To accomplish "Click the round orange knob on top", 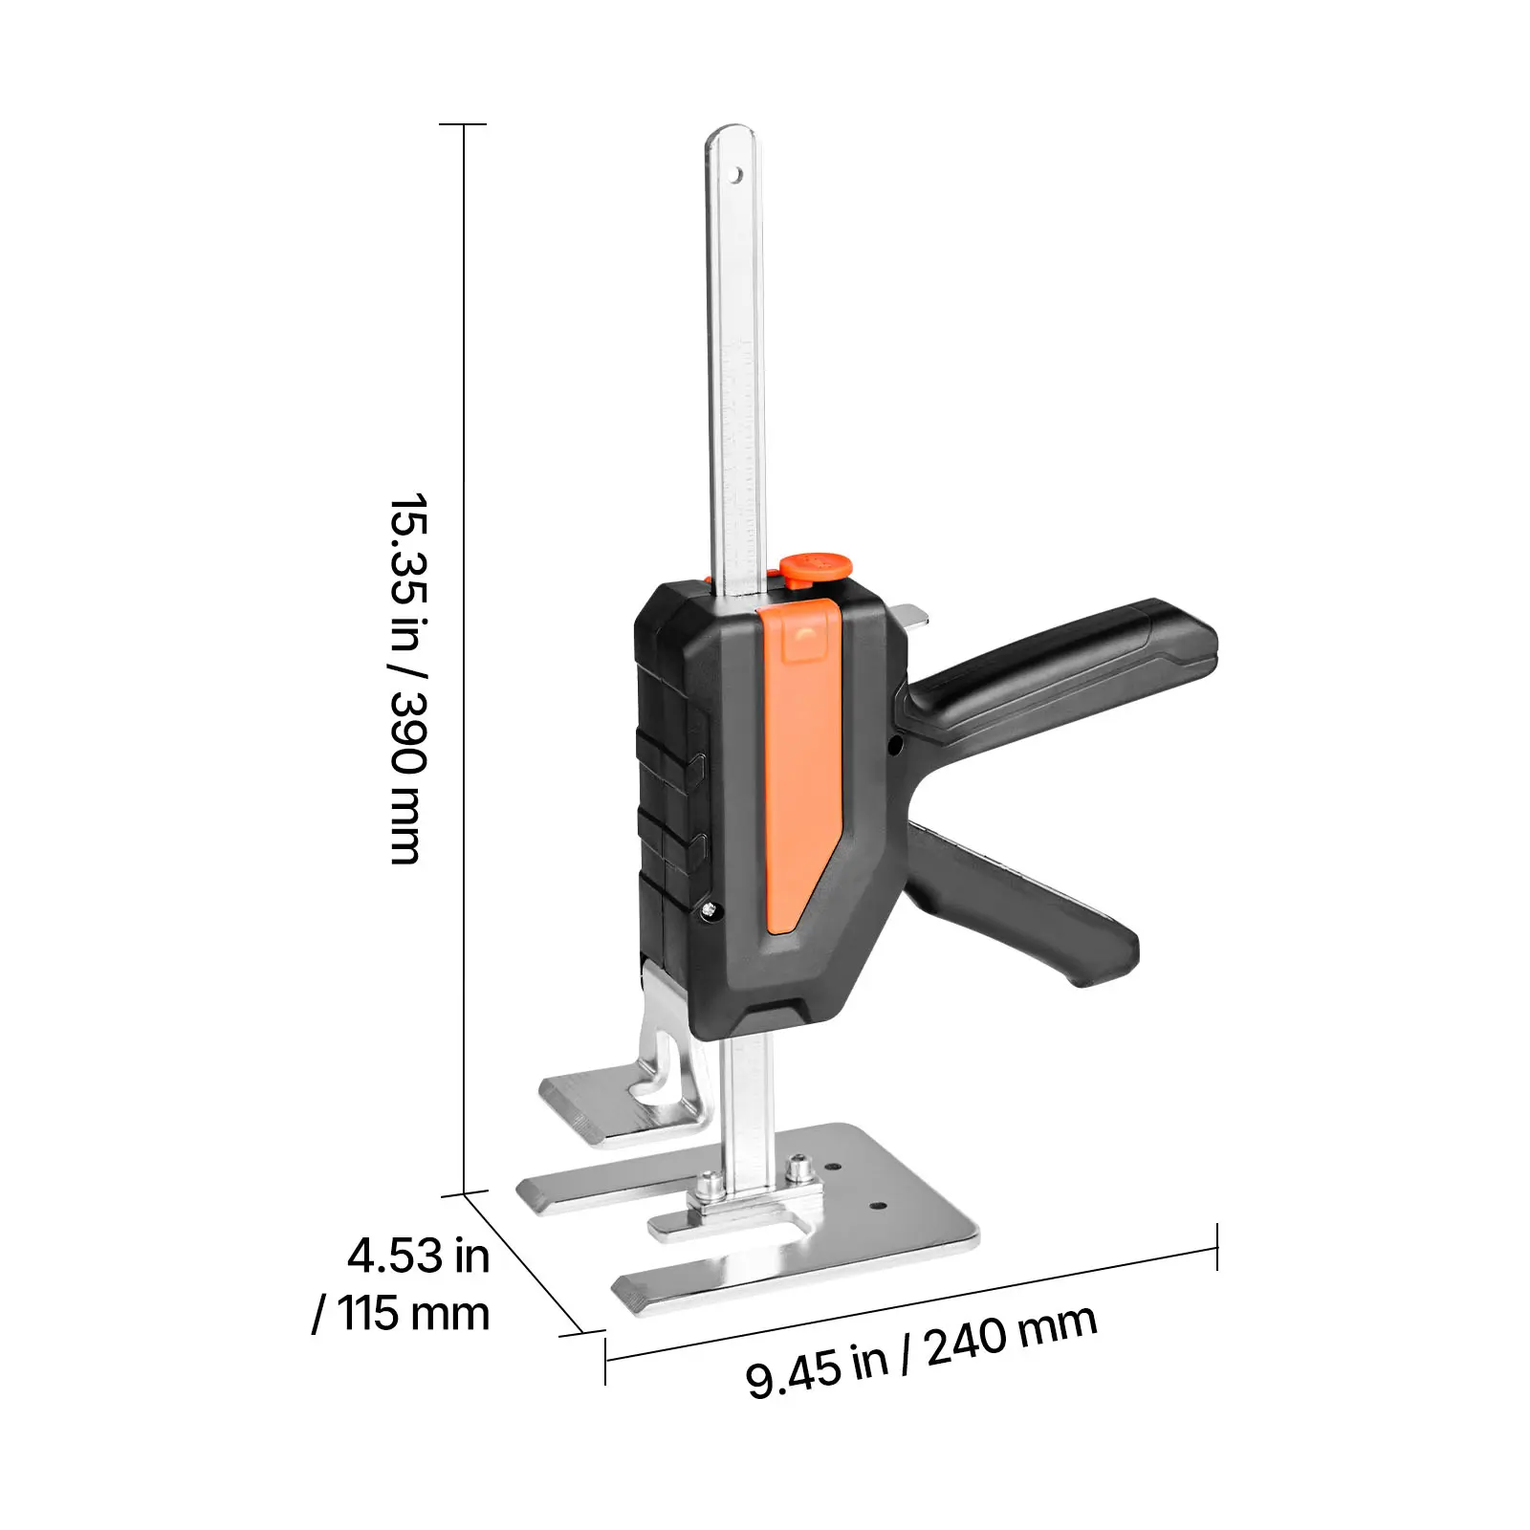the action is pos(814,567).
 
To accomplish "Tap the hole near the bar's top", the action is pos(737,176).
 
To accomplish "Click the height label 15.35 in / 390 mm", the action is pos(408,679).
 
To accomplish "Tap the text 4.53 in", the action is pos(418,1255).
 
